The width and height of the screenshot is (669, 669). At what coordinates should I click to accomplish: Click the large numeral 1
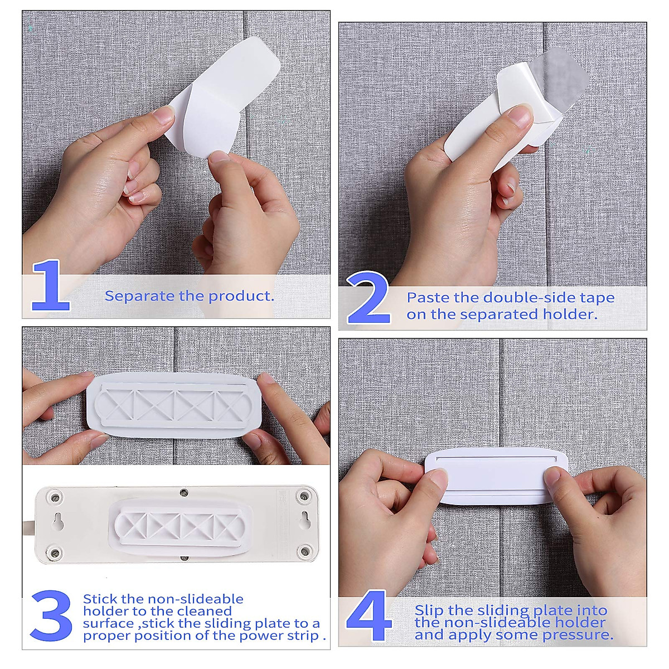point(51,285)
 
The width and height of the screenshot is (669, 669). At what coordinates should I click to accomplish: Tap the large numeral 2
point(369,298)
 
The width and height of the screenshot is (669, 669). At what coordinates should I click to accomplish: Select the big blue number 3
point(51,616)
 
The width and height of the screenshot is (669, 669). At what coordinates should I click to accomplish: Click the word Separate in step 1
point(140,296)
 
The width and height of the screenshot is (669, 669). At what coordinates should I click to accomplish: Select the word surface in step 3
point(108,623)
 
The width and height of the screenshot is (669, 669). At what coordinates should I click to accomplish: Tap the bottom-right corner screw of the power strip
point(304,552)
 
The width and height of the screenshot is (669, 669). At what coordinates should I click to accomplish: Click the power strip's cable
point(28,526)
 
